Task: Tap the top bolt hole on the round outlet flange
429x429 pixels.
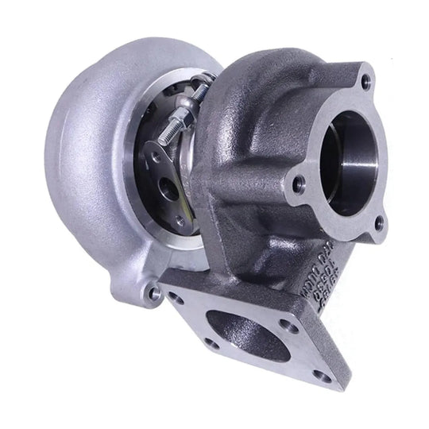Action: (x=365, y=81)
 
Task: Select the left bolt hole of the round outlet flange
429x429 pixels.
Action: (x=298, y=184)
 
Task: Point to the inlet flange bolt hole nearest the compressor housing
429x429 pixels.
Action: (x=176, y=298)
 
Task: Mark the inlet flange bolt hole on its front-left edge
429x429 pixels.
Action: (x=211, y=343)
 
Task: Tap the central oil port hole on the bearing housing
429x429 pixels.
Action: (x=169, y=189)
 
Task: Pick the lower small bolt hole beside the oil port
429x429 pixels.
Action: (x=182, y=221)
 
